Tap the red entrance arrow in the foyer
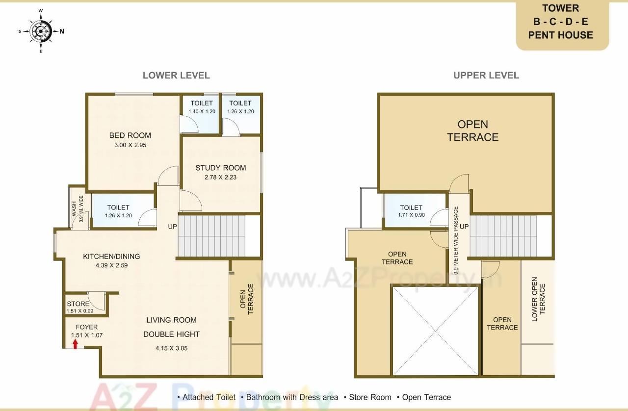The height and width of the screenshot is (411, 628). click(75, 344)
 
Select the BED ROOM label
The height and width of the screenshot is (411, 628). click(130, 135)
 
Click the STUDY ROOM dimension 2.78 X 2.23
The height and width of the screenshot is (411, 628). click(220, 177)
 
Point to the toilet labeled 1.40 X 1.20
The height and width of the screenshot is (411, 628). click(202, 111)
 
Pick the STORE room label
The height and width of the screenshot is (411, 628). click(78, 304)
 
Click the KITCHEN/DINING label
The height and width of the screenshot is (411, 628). click(111, 256)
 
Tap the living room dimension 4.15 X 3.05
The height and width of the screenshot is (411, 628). click(171, 348)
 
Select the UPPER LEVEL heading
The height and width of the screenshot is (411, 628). click(486, 76)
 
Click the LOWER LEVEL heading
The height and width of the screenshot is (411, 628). click(176, 76)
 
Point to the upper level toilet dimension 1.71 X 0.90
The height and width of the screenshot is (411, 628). click(411, 215)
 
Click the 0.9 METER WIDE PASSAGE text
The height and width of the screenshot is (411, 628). click(456, 239)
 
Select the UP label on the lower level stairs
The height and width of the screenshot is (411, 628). click(173, 227)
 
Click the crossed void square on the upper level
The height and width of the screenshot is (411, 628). click(435, 331)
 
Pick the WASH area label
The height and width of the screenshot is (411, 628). click(74, 208)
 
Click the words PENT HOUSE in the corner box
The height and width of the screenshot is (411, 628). click(560, 35)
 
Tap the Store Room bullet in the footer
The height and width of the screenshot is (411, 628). click(370, 397)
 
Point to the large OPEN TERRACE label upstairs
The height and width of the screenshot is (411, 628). click(472, 130)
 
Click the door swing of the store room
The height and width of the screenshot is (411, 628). click(97, 299)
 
